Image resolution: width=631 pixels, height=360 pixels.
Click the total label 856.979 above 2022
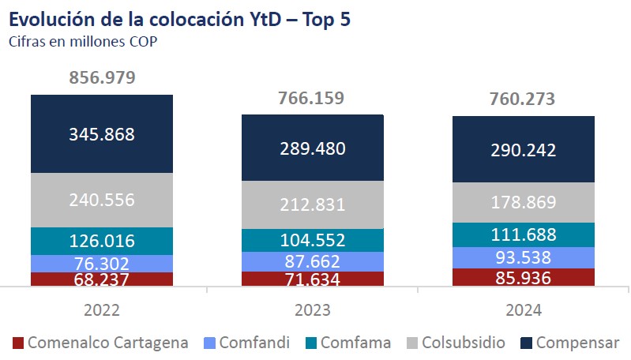(103, 77)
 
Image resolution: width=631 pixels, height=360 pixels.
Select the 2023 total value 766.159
(312, 98)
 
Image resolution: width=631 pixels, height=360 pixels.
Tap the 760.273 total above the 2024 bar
(522, 99)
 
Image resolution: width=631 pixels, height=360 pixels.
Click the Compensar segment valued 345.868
(103, 134)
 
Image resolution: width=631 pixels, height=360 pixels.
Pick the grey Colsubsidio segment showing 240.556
(103, 200)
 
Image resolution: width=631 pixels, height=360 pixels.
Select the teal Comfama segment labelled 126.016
(103, 241)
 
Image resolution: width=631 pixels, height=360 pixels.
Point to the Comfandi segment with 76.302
(103, 264)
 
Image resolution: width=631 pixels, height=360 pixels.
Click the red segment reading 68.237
(103, 279)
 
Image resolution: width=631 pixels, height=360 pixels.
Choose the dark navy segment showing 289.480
(312, 148)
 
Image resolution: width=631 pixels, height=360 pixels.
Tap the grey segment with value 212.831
(312, 204)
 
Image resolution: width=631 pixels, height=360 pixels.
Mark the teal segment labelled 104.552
(312, 241)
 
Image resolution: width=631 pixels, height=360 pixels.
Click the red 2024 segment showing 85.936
(522, 277)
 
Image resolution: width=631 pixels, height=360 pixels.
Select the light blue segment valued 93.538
(522, 257)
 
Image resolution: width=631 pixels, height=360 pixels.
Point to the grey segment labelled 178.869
(522, 202)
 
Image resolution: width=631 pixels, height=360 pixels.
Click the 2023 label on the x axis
(312, 310)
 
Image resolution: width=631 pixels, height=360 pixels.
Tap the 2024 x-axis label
(522, 310)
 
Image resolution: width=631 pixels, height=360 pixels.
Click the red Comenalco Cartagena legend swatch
(18, 343)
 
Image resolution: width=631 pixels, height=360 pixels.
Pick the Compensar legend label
(577, 343)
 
